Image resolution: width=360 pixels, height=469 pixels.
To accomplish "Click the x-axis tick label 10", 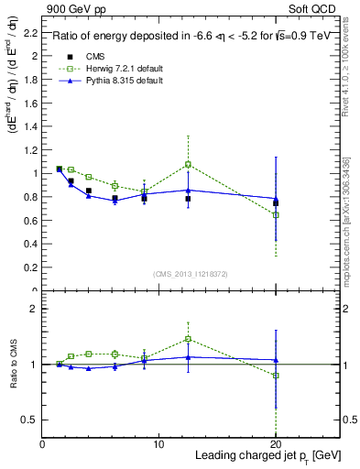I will [158, 443].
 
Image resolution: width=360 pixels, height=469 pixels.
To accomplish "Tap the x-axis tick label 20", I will [276, 443].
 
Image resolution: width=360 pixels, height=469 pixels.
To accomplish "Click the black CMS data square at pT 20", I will [276, 202].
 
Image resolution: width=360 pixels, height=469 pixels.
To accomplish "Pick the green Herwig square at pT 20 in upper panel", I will [276, 214].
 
